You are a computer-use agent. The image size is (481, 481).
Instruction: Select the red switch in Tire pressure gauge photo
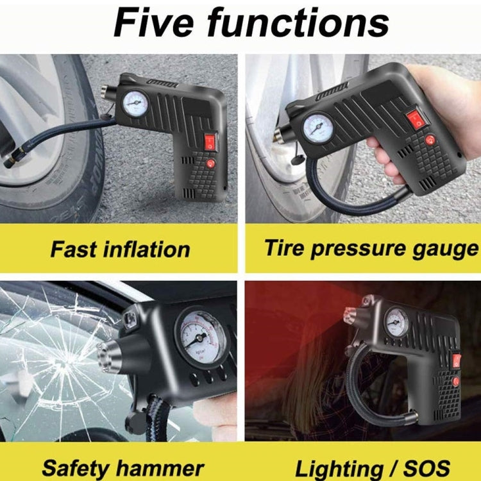click(416, 118)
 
